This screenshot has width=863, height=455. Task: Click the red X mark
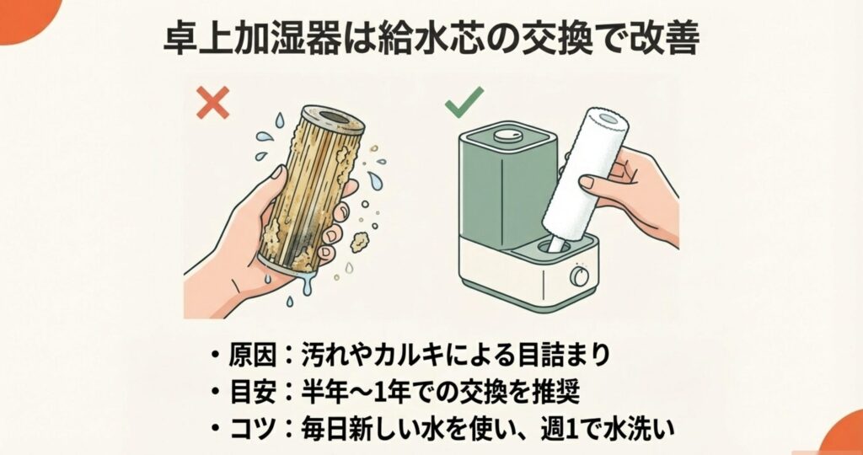coord(212,103)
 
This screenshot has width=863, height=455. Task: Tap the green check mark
coord(464,102)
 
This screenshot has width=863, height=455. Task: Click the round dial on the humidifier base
coord(579,276)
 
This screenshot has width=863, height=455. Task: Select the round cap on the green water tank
coord(506,135)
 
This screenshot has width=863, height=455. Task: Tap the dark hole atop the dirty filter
coord(334,116)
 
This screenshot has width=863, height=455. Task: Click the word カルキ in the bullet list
coord(405,356)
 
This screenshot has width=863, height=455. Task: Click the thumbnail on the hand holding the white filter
coord(587,182)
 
